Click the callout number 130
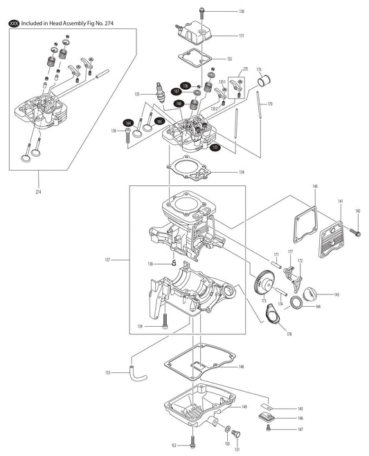click(x=241, y=12)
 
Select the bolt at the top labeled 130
click(x=200, y=12)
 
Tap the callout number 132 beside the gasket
click(x=240, y=59)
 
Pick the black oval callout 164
click(x=128, y=122)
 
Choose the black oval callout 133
click(x=215, y=147)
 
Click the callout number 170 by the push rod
click(x=269, y=104)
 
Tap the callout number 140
click(x=314, y=187)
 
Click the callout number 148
click(x=240, y=366)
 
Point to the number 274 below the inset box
click(x=38, y=191)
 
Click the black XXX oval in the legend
click(x=13, y=23)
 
